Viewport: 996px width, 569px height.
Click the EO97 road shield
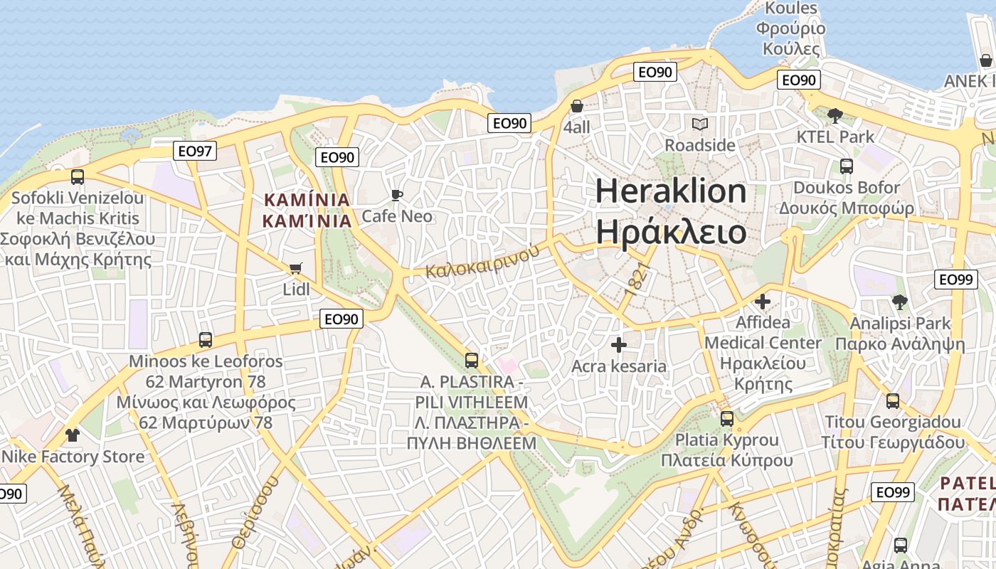point(195,151)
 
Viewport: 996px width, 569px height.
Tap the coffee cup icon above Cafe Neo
point(397,195)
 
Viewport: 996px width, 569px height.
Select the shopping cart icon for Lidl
point(295,269)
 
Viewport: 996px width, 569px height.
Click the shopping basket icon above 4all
point(577,106)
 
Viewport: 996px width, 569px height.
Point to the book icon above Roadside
point(700,124)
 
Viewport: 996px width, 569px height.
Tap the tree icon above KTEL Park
point(835,115)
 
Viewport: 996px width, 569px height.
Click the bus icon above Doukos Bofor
point(847,166)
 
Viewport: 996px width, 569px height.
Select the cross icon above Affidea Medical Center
point(763,302)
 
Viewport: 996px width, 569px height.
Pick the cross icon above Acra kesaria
point(619,345)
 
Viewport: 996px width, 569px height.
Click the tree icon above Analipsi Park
point(900,302)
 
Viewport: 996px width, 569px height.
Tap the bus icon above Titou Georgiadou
point(893,401)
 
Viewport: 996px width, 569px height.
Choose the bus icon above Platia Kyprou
point(726,419)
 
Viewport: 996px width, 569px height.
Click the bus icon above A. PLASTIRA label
point(471,361)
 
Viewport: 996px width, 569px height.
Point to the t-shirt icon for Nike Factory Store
point(72,435)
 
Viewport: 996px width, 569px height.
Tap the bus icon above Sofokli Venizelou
point(78,177)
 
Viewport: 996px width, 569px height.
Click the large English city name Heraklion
point(671,191)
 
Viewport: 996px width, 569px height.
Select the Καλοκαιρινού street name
point(478,261)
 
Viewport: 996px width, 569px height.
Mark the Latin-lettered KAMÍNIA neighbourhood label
point(307,199)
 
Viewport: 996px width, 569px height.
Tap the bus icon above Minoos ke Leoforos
point(206,340)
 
